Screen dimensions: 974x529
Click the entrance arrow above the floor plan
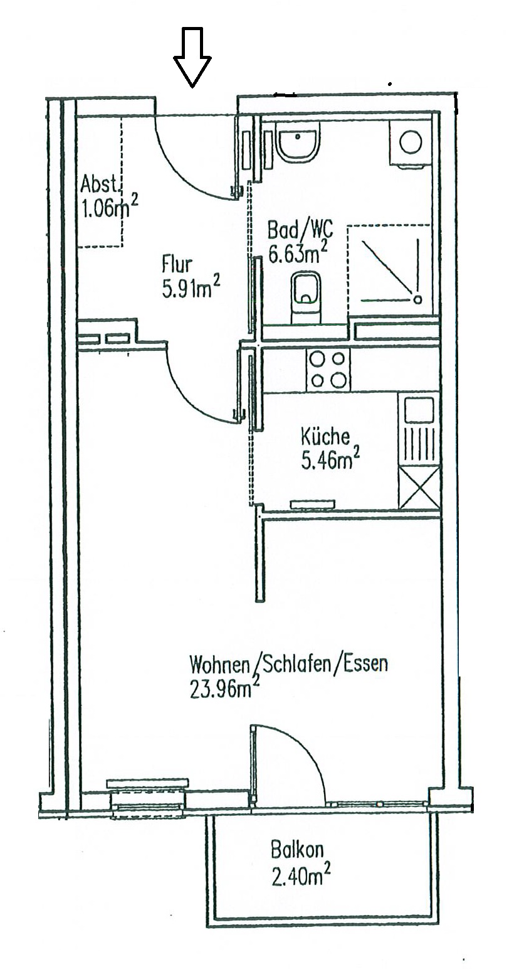192,57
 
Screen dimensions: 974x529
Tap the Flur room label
177,262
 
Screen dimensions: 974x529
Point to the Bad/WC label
300,228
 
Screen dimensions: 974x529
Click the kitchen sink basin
419,410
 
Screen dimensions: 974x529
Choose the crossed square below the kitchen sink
419,490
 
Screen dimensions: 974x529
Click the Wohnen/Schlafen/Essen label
289,664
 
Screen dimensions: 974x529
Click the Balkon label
297,850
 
